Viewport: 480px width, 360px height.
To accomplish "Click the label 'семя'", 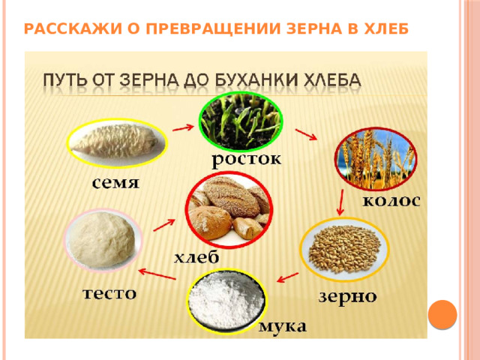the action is pos(115,183).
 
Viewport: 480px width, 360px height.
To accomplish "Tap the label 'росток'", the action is pos(247,160).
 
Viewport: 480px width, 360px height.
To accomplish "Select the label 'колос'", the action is pos(391,201).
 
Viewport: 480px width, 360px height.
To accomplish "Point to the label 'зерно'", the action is pos(347,296).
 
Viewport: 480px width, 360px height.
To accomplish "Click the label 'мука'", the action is pos(282,326).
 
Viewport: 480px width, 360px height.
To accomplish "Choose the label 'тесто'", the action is pos(109,293).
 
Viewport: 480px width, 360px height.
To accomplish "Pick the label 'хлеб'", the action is pos(196,256).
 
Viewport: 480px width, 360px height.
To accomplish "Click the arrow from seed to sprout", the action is pos(183,127).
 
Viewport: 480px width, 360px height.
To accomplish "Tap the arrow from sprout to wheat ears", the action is pos(306,135).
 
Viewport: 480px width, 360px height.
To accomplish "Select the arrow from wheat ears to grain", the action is pos(340,202).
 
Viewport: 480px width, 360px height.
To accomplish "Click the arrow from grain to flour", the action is pos(287,277).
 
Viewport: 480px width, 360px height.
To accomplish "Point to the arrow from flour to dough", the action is pos(157,274).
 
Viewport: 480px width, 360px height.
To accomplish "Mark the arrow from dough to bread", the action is pos(164,225).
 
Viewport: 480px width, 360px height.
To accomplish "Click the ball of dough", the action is pos(102,239).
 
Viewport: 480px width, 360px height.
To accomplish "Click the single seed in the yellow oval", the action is pos(115,142).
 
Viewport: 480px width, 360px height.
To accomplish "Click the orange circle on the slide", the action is pos(442,314).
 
